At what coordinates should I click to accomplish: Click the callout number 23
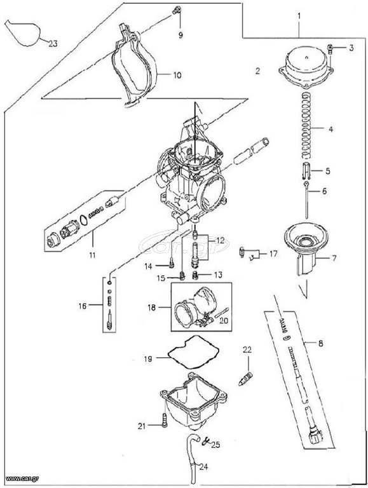click(x=53, y=44)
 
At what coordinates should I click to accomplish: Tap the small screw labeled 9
click(x=177, y=10)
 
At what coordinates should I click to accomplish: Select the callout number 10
click(x=177, y=76)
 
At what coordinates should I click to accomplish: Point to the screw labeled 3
click(x=331, y=48)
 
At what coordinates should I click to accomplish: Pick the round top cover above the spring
click(x=305, y=69)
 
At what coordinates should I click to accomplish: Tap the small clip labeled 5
click(x=306, y=170)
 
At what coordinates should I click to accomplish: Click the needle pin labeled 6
click(x=307, y=201)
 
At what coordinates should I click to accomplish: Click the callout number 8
click(x=321, y=343)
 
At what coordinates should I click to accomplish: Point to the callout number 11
click(x=92, y=255)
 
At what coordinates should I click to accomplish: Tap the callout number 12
click(x=220, y=241)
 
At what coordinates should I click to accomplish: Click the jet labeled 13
click(x=196, y=276)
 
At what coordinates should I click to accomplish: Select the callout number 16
click(x=82, y=306)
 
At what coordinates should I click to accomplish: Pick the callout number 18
click(x=152, y=308)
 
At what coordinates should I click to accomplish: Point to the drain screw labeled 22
click(x=246, y=379)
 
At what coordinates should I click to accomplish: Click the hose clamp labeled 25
click(x=205, y=440)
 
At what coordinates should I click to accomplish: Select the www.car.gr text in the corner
click(x=17, y=478)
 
